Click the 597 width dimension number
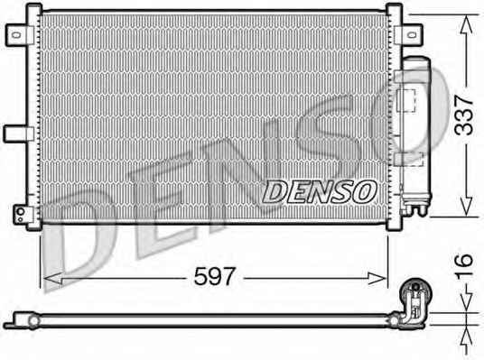pos(215,276)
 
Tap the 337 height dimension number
pos(464,115)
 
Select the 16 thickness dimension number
pos(464,264)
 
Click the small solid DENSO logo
pos(320,192)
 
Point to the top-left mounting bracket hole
pos(16,34)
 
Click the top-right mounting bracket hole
pos(412,35)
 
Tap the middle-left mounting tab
pos(18,134)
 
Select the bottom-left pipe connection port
pos(21,212)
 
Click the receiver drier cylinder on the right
pos(415,130)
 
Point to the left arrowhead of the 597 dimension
pos(53,278)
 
